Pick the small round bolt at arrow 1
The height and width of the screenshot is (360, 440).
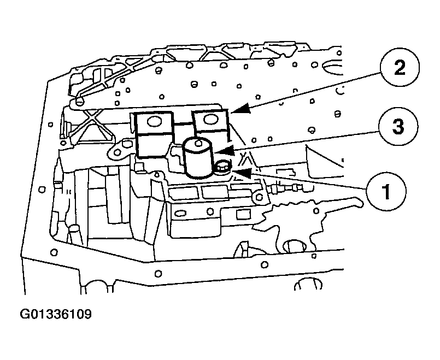click(x=223, y=167)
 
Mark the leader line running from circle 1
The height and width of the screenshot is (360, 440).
click(x=306, y=182)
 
